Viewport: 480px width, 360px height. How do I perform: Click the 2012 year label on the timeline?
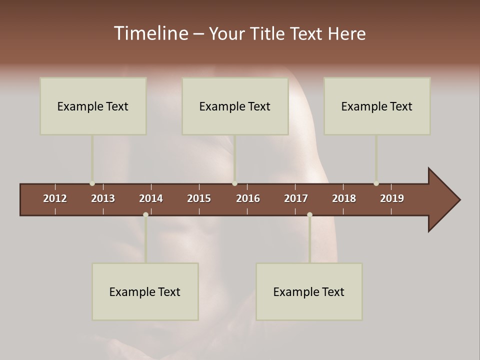pos(55,198)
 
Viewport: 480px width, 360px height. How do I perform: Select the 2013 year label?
pos(103,198)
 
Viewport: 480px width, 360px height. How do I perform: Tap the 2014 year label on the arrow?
pos(151,198)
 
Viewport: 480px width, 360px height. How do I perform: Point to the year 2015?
pos(199,198)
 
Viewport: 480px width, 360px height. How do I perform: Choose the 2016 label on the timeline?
pos(248,198)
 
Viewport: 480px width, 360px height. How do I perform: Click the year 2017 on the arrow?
pos(296,198)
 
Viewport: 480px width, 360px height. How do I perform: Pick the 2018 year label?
pos(344,198)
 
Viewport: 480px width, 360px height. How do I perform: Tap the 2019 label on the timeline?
pos(392,198)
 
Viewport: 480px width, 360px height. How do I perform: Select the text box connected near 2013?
pos(93,106)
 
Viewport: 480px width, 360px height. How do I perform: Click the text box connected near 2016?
pos(235,106)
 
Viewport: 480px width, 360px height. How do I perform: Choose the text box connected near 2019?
pos(377,106)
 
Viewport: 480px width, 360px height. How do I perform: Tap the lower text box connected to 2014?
pos(145,291)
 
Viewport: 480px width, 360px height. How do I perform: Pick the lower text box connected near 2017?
pos(309,291)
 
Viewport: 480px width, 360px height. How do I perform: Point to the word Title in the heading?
pos(269,33)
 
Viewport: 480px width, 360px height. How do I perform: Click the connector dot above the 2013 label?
pos(92,183)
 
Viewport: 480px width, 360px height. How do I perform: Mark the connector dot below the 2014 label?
pos(145,214)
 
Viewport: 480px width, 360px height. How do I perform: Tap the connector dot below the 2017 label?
pos(309,214)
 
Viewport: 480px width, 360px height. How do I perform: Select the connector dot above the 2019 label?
pos(376,183)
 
